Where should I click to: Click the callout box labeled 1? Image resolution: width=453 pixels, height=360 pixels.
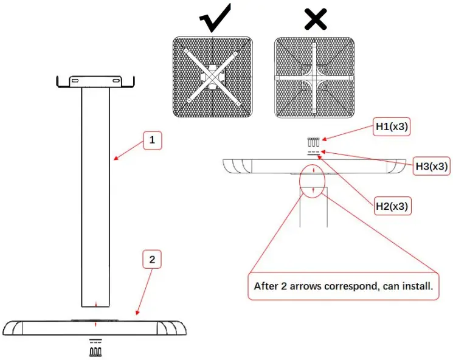153,141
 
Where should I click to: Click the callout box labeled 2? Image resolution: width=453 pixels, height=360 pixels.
153,260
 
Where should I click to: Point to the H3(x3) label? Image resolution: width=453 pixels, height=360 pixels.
432,165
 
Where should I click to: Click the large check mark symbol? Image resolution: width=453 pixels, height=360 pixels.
214,18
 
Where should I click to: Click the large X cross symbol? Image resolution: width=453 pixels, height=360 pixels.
315,19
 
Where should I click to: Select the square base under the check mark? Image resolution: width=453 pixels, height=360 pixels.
212,77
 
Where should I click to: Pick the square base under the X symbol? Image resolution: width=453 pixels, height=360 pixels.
314,77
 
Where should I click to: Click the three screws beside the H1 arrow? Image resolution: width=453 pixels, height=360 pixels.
314,142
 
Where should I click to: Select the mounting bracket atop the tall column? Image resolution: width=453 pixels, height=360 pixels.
95,82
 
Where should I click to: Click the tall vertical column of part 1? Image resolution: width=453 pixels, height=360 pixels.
95,195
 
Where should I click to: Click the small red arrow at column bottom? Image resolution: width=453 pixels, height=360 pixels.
95,303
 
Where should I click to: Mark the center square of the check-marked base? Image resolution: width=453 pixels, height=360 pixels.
212,78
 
